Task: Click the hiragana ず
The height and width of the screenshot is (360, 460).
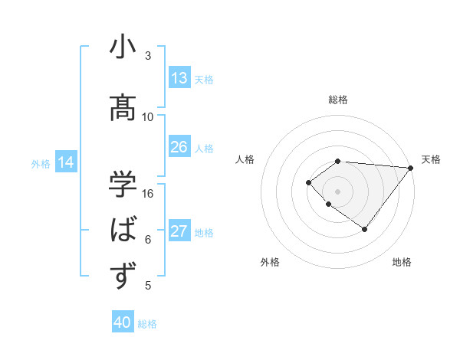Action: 123,275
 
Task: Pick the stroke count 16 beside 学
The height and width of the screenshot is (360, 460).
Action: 148,194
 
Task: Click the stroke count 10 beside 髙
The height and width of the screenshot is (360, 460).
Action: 148,117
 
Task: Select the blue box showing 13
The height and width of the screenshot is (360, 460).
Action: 179,78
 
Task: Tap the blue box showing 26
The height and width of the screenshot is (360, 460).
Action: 179,147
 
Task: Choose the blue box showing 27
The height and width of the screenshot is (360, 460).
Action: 179,231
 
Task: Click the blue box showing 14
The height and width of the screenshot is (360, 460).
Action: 66,162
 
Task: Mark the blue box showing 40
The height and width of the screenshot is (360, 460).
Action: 123,322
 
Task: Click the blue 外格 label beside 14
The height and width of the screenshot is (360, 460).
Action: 41,163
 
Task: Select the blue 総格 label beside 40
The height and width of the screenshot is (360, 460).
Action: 147,324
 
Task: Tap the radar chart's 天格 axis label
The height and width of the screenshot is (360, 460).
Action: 431,159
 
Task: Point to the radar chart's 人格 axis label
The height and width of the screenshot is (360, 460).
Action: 245,159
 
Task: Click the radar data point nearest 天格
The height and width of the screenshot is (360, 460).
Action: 411,168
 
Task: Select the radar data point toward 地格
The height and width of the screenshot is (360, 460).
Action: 364,229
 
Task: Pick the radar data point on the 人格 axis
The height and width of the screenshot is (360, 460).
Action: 308,182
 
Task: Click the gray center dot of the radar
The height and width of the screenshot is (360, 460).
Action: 337,191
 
